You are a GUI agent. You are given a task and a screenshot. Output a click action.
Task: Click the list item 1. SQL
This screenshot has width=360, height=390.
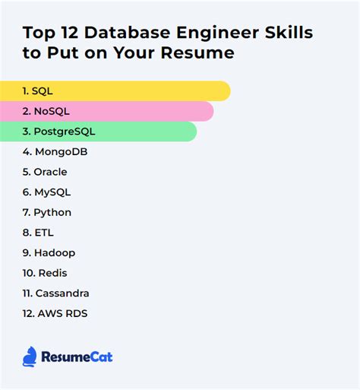pyautogui.click(x=37, y=91)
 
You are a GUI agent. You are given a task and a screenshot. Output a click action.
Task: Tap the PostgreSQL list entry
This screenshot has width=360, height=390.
pyautogui.click(x=58, y=132)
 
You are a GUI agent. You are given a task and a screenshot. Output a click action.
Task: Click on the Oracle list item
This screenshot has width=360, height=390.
pyautogui.click(x=45, y=172)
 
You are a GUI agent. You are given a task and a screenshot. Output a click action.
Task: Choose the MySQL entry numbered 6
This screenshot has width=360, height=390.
pyautogui.click(x=46, y=192)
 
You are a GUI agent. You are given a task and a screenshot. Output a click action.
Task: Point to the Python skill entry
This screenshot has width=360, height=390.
pyautogui.click(x=46, y=212)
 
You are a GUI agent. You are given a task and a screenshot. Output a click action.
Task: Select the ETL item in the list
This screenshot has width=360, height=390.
pyautogui.click(x=38, y=233)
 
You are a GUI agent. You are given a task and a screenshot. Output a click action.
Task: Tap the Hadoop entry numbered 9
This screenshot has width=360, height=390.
pyautogui.click(x=49, y=252)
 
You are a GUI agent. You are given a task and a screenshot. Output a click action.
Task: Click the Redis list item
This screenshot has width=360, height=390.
pyautogui.click(x=46, y=273)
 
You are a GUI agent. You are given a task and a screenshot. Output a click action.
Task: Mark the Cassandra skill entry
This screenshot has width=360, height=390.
pyautogui.click(x=56, y=293)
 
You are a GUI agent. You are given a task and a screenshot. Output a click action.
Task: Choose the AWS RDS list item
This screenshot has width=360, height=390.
pyautogui.click(x=55, y=313)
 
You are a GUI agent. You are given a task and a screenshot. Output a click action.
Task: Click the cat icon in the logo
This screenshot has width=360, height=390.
pyautogui.click(x=30, y=356)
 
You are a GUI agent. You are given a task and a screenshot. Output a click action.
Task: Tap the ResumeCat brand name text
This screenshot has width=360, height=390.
pyautogui.click(x=77, y=357)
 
